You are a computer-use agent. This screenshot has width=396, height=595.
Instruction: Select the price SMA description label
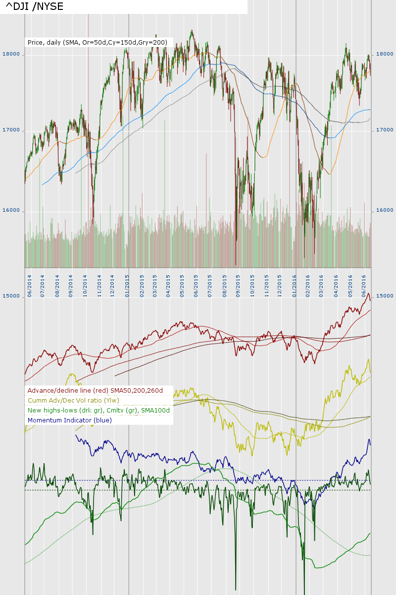point(98,43)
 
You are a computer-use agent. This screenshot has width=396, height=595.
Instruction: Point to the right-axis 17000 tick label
point(385,129)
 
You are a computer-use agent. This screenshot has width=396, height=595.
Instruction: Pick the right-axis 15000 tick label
point(385,296)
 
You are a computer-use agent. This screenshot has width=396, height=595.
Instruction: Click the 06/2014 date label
point(30,286)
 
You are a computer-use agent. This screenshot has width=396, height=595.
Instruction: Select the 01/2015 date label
point(128,286)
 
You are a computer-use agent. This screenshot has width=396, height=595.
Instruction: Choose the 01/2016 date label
point(295,286)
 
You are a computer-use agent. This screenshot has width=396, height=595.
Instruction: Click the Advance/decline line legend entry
point(96,391)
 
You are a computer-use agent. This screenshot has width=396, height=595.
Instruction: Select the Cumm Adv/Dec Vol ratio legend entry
point(73,401)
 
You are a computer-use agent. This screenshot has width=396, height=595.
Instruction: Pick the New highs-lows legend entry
point(99,411)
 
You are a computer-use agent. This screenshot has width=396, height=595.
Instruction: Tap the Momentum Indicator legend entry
point(70,420)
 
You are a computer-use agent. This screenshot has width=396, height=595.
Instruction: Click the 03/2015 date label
point(155,286)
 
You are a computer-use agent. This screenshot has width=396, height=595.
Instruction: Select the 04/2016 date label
point(337,286)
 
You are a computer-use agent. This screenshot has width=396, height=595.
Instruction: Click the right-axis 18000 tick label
point(385,54)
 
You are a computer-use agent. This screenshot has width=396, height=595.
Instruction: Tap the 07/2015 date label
point(211,286)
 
